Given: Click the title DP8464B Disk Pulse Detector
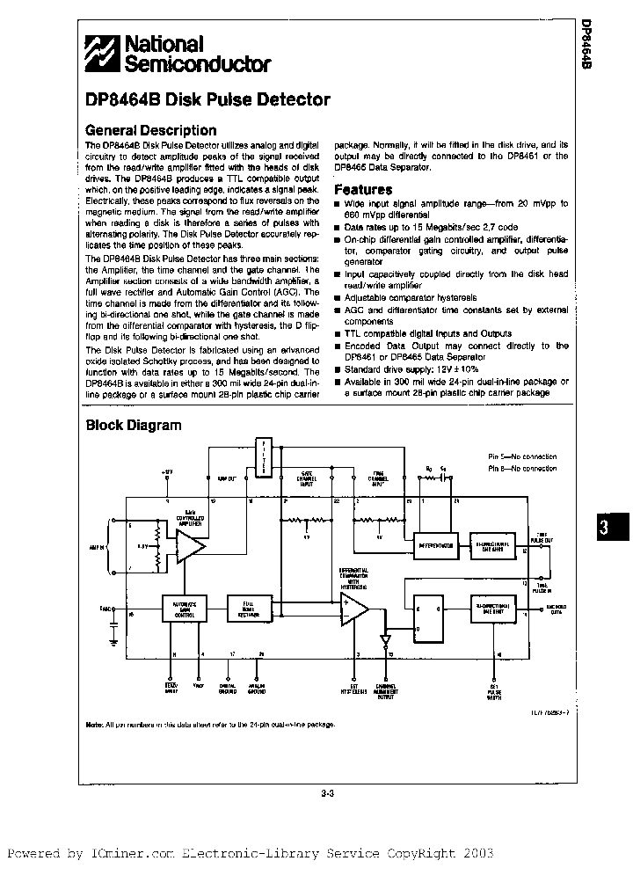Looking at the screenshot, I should (x=207, y=100).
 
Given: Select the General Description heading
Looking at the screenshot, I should (x=150, y=130).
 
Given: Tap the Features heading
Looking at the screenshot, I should (x=363, y=189).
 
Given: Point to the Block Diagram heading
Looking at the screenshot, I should (x=133, y=426).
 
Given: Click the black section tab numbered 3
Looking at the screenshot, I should (x=603, y=529).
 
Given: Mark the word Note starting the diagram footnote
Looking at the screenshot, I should (x=93, y=724).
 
